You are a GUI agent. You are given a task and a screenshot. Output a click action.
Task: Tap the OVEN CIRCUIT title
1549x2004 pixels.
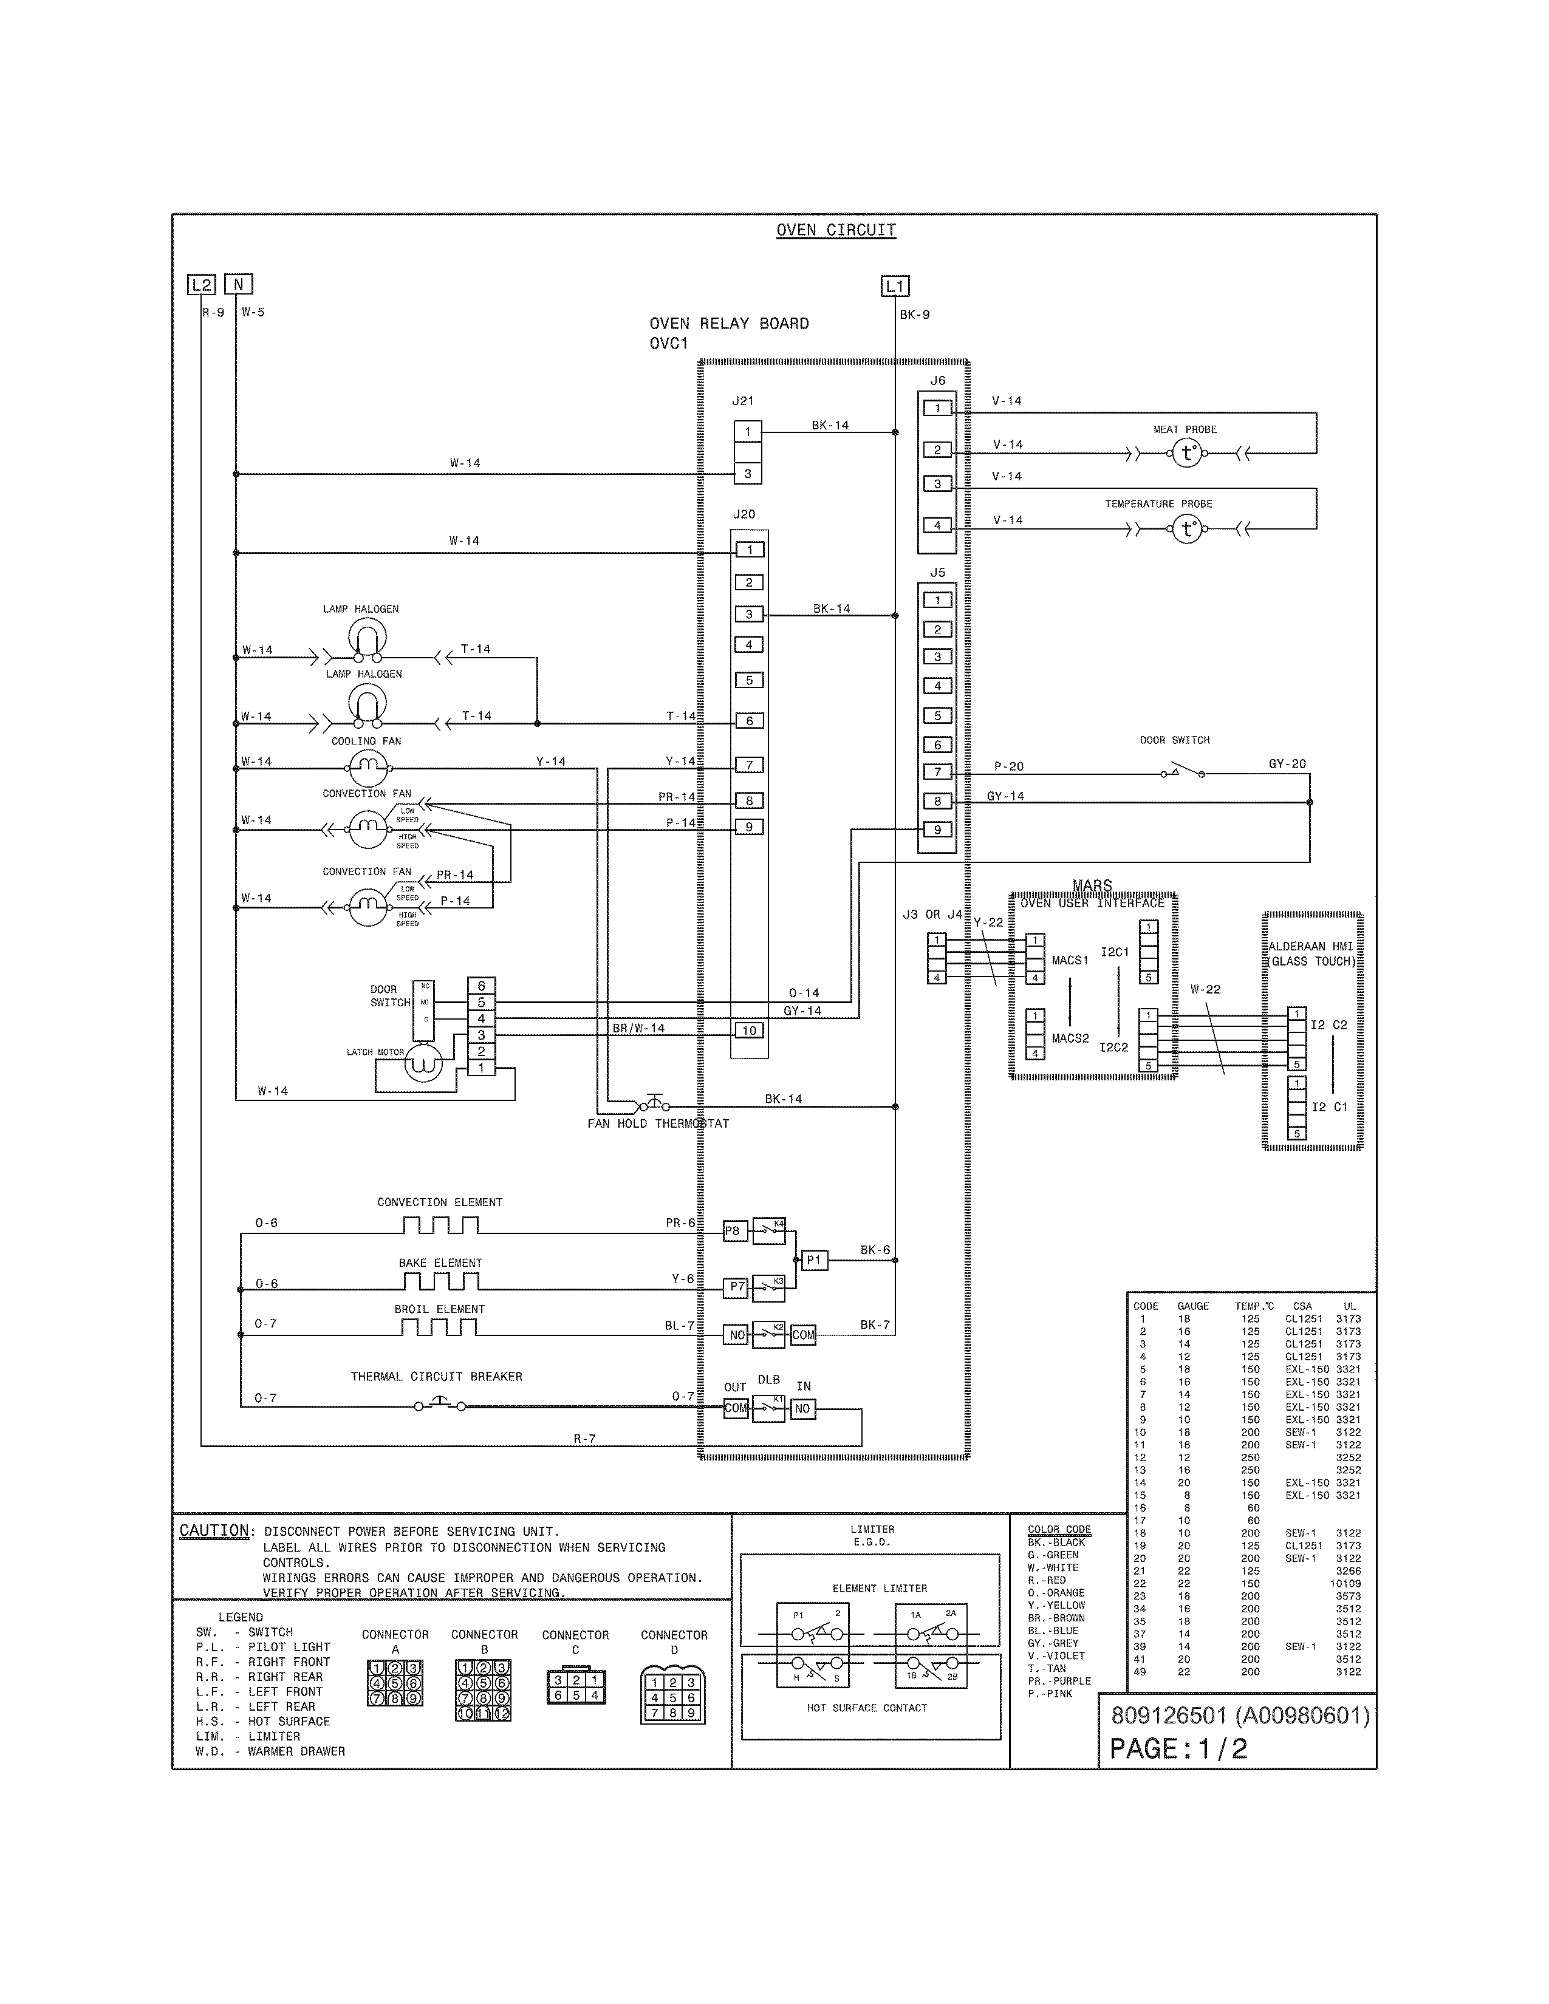click(x=835, y=230)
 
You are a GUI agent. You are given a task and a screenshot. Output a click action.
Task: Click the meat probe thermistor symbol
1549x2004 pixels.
click(x=1188, y=453)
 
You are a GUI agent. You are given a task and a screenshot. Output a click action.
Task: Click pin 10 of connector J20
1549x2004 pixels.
click(x=749, y=1031)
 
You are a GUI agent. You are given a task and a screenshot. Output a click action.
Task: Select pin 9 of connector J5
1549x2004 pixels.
click(x=937, y=830)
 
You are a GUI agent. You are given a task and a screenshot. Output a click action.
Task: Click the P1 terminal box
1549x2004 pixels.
click(x=814, y=1261)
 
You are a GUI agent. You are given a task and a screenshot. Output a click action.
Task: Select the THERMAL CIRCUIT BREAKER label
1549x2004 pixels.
click(x=436, y=1376)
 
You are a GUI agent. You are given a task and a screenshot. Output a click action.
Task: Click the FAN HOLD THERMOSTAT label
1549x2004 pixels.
click(x=658, y=1123)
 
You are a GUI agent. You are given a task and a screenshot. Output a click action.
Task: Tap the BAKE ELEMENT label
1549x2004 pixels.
click(x=440, y=1263)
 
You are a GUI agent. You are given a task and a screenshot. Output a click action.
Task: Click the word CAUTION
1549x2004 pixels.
click(x=214, y=1530)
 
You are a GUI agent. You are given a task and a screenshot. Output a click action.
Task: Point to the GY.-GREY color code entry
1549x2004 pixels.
click(x=1053, y=1643)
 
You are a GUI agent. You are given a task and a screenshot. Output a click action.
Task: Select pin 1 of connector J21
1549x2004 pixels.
click(x=748, y=431)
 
